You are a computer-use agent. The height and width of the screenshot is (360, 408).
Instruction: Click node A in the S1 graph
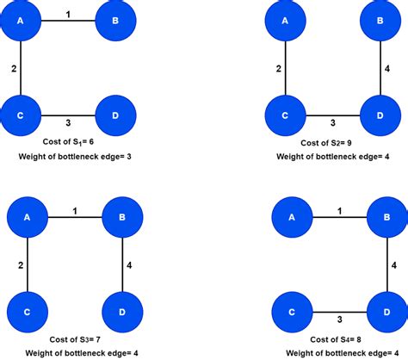(x=21, y=21)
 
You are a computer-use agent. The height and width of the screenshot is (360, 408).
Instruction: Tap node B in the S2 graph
(x=380, y=21)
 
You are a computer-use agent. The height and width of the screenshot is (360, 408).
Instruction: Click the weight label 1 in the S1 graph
(x=69, y=12)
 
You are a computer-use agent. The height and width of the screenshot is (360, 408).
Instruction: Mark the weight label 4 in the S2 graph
(x=388, y=67)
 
